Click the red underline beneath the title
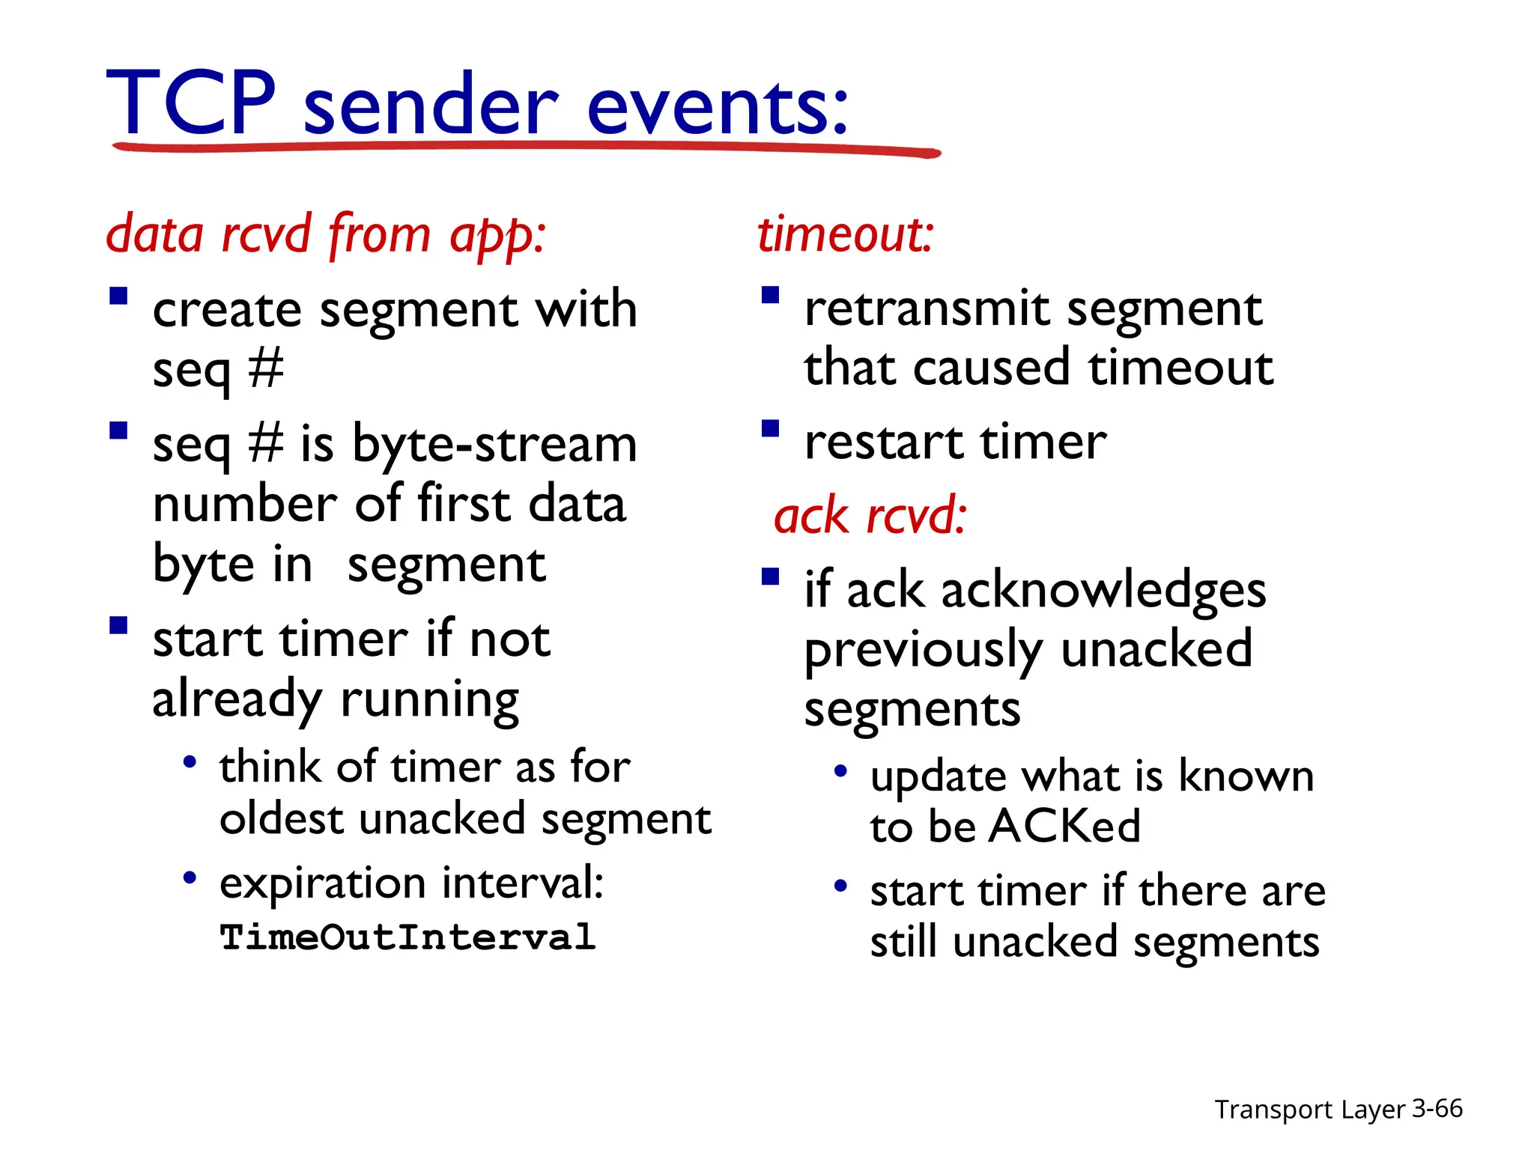click(524, 147)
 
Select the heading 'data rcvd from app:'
click(326, 235)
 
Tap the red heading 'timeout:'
click(845, 234)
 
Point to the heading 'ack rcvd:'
click(870, 517)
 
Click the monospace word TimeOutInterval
click(407, 937)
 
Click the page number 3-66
click(1437, 1108)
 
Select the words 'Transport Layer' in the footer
click(1309, 1110)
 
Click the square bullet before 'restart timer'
click(770, 429)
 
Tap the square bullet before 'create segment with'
click(118, 296)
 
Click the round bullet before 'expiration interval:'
click(190, 877)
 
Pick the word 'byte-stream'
click(494, 445)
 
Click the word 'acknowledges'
click(1103, 590)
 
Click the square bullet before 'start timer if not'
click(118, 625)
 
